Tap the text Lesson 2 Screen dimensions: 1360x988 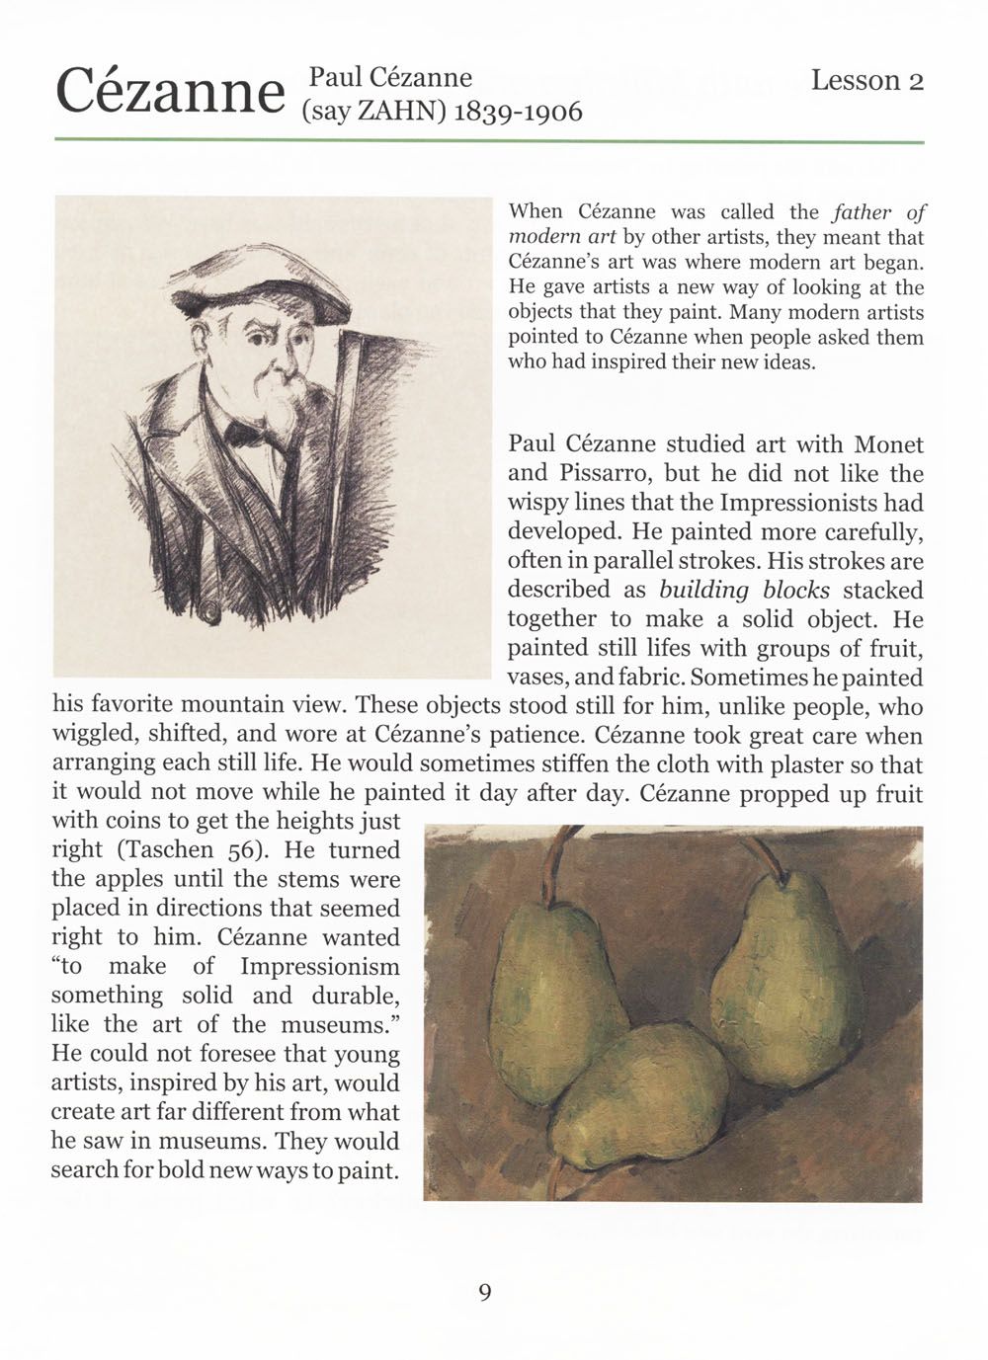click(866, 81)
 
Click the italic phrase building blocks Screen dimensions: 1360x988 click(744, 591)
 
